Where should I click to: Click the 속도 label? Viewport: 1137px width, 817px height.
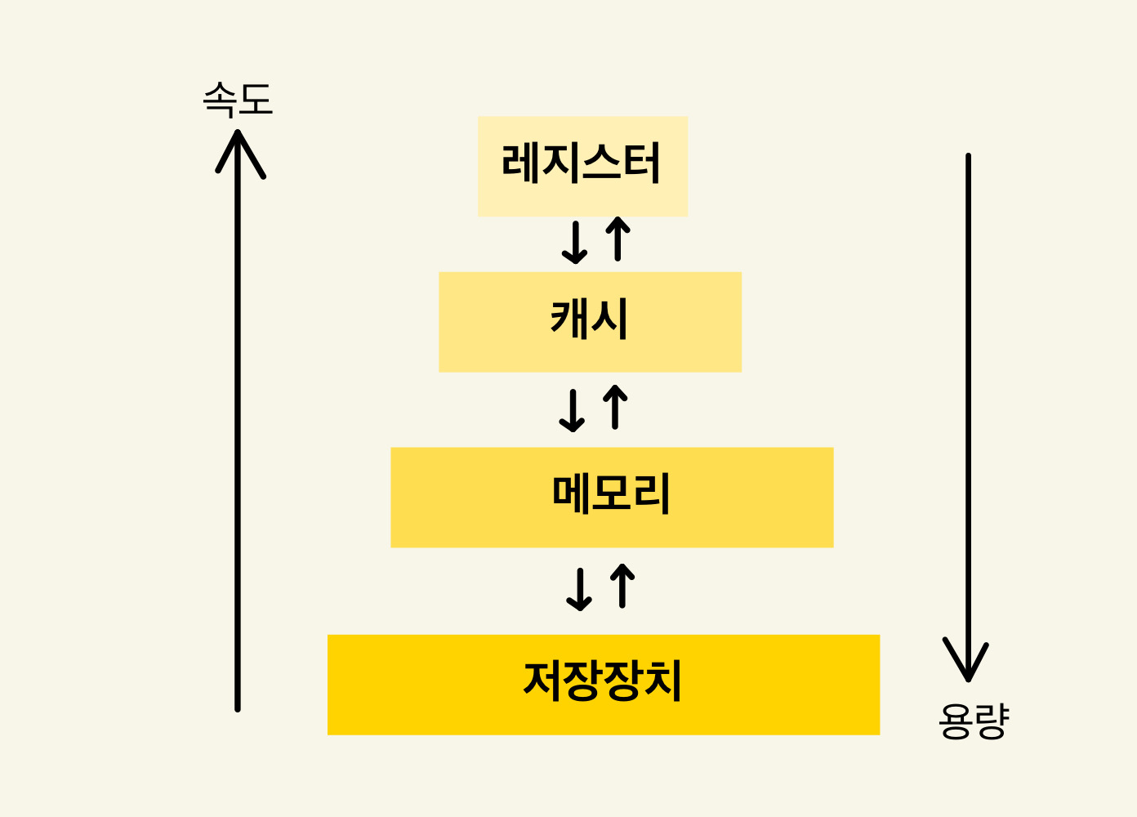(237, 100)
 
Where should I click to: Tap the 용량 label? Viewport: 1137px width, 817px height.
(973, 721)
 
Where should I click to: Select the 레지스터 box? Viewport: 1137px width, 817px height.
(582, 166)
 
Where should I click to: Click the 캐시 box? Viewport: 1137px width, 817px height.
(590, 322)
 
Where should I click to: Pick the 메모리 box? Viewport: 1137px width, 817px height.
(612, 497)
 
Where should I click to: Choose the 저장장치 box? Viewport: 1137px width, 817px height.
(604, 685)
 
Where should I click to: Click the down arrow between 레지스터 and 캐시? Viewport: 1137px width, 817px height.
(575, 242)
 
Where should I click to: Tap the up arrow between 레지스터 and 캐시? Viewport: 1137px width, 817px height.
(618, 239)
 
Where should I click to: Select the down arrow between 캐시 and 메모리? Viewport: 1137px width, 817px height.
(572, 410)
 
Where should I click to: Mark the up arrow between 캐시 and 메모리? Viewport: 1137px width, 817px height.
(615, 407)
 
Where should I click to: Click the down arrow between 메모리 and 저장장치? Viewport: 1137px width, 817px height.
(579, 589)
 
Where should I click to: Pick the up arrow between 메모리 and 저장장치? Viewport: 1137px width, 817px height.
(622, 586)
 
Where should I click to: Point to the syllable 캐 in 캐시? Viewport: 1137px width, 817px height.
(570, 318)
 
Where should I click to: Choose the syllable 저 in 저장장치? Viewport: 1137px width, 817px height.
(543, 681)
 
